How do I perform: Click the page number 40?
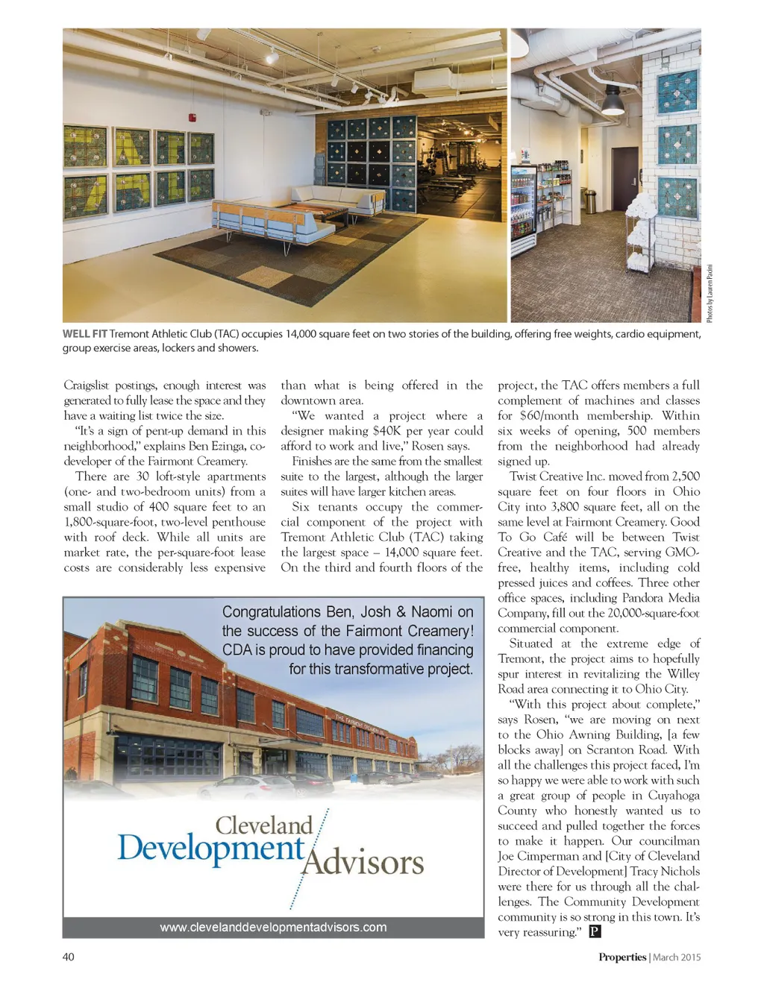click(68, 957)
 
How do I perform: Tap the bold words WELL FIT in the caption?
click(84, 334)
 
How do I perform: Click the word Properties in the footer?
click(621, 957)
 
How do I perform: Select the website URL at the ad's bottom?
click(273, 927)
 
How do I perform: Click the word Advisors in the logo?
click(363, 863)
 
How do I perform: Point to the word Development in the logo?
click(211, 849)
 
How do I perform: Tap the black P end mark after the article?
click(595, 931)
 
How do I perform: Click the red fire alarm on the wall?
click(192, 118)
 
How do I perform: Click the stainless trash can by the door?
click(589, 201)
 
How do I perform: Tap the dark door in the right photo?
click(623, 180)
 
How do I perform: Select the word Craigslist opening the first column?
click(89, 386)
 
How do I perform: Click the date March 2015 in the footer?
click(677, 957)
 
